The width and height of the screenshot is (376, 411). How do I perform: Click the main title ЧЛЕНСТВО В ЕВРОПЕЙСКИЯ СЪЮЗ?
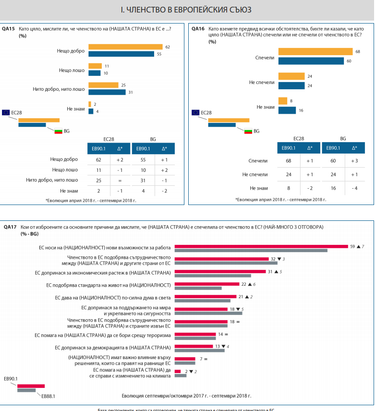pos(188,9)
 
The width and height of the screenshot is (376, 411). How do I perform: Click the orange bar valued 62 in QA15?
pos(126,47)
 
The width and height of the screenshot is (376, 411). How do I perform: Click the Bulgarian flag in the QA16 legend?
pos(248,131)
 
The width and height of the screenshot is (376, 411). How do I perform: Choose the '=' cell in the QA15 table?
pos(120,180)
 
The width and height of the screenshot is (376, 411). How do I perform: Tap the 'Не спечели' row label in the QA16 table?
pos(258,174)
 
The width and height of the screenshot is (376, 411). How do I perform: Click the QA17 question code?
pos(10,226)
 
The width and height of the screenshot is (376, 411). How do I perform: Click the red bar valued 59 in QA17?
pos(261,246)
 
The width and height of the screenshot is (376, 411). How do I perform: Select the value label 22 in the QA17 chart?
pos(243,284)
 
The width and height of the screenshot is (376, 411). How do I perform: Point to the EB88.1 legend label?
pos(48,397)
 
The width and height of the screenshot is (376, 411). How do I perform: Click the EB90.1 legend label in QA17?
pos(11,379)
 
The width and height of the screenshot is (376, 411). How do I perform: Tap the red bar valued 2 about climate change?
pos(178,371)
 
